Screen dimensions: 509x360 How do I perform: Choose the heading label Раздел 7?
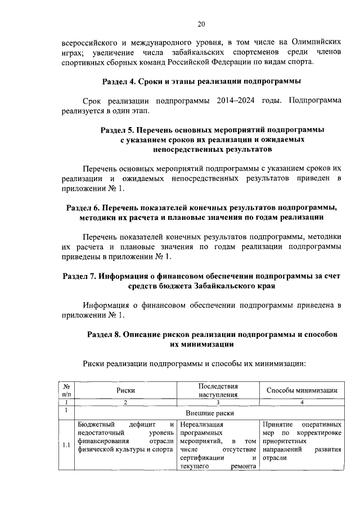(x=79, y=276)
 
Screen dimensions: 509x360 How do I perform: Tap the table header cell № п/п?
(x=66, y=390)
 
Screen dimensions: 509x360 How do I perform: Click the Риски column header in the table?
(x=126, y=390)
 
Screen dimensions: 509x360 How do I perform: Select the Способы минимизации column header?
(x=301, y=390)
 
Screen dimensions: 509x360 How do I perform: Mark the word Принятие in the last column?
(x=279, y=424)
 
